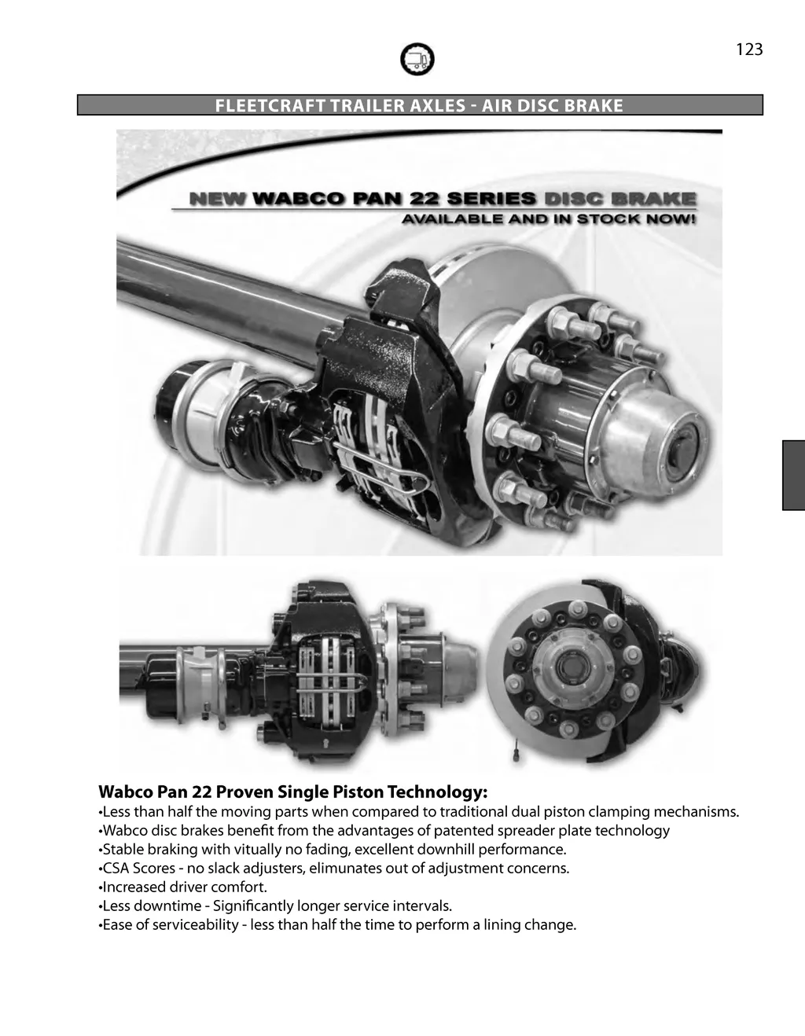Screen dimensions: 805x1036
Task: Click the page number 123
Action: coord(749,49)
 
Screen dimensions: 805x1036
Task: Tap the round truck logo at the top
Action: coord(417,59)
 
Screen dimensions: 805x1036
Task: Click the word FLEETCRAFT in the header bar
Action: coord(270,105)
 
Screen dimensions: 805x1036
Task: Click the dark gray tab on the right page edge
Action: coord(793,476)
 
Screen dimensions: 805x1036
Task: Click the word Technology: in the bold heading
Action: coord(437,793)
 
